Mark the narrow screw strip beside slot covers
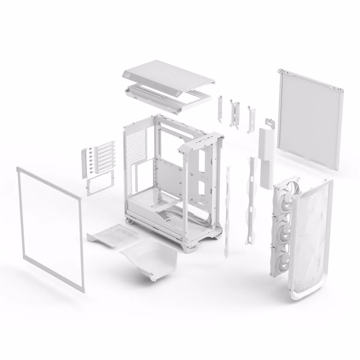[x=84, y=163]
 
